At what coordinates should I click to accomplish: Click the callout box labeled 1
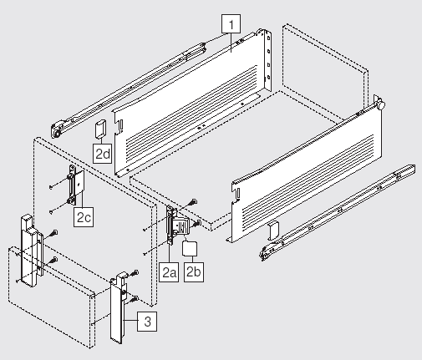231,24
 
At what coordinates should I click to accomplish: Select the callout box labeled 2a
169,272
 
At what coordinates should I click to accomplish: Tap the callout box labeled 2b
194,272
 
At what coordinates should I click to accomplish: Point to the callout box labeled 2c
84,216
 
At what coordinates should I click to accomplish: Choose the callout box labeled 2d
103,153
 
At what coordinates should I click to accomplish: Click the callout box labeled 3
147,322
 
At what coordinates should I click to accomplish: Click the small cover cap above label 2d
100,129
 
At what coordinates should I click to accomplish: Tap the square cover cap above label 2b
190,249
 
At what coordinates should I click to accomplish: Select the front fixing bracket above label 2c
76,185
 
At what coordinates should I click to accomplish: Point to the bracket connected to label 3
119,307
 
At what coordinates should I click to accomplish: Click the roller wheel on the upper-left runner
57,131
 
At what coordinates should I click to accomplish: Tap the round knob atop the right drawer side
381,105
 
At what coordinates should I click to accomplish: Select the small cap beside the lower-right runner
273,231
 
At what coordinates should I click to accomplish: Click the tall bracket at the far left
30,251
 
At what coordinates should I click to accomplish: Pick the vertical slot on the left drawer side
121,126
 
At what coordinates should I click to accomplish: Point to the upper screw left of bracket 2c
51,187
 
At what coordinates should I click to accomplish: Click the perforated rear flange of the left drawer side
268,59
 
